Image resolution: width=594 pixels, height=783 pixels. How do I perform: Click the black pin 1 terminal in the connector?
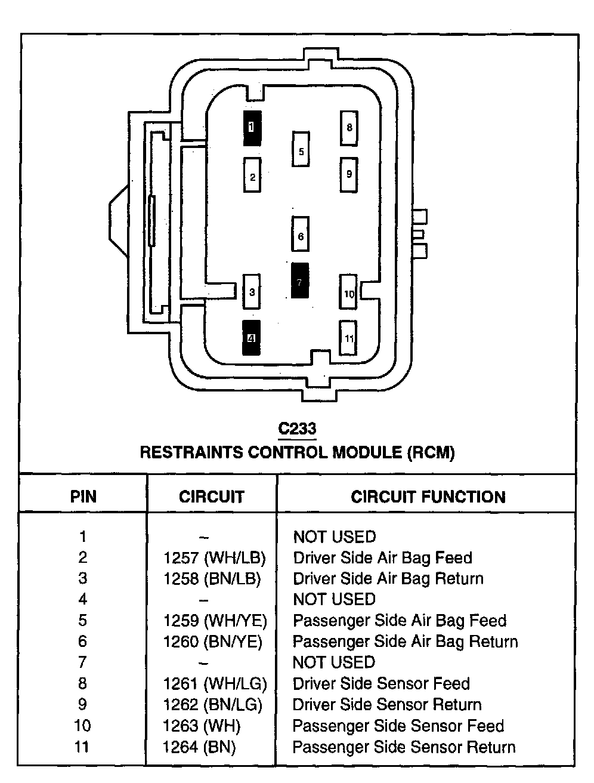point(252,128)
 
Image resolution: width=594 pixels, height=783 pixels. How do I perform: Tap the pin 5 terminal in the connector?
point(301,150)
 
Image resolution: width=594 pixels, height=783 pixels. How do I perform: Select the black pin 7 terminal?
point(299,280)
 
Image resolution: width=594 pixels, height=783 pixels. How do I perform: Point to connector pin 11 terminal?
point(348,338)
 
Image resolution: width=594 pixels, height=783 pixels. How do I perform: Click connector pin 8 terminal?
point(349,128)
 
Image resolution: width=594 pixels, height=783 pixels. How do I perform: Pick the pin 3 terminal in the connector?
point(252,292)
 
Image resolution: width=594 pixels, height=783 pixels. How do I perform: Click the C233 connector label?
point(297,429)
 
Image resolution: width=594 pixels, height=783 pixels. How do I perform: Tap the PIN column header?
point(83,497)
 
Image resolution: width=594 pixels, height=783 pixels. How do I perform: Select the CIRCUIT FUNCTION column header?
point(428,497)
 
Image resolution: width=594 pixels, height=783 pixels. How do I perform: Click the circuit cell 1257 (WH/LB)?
point(214,557)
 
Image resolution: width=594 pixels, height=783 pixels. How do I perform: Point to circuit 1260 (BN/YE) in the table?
point(212,641)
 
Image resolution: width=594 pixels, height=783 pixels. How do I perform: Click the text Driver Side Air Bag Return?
point(388,578)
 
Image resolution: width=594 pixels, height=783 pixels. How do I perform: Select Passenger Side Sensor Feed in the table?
point(398,726)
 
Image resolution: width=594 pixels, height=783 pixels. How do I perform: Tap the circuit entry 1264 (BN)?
point(199,747)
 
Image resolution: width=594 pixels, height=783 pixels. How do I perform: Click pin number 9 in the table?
point(82,705)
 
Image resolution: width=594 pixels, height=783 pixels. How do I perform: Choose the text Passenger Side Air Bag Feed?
point(399,620)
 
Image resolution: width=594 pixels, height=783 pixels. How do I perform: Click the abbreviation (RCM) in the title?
point(431,452)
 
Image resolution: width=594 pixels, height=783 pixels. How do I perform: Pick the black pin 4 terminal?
point(252,338)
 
